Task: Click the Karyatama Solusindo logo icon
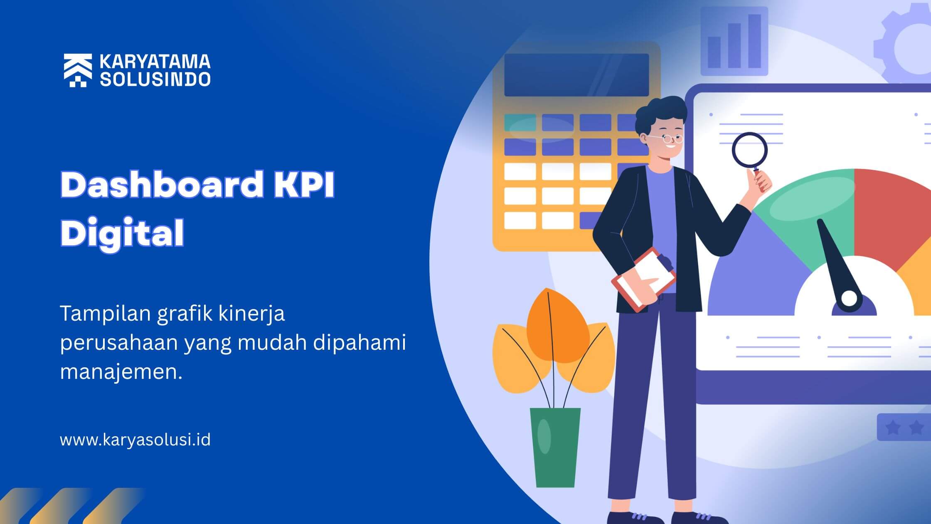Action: click(x=78, y=70)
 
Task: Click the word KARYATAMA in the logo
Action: click(x=155, y=62)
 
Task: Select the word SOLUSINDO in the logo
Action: click(x=155, y=79)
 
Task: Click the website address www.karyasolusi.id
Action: click(x=135, y=440)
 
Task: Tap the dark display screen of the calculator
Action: click(x=576, y=75)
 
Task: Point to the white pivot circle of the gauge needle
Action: click(x=849, y=298)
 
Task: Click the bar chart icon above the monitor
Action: click(x=734, y=41)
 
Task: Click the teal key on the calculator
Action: click(x=520, y=122)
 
